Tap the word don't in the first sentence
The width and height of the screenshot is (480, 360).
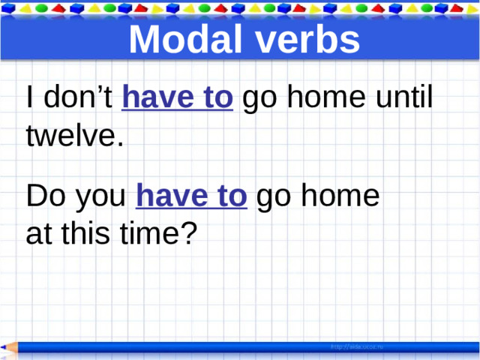tap(78, 98)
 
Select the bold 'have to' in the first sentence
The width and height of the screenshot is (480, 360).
tap(178, 98)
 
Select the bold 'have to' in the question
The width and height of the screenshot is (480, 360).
tap(191, 196)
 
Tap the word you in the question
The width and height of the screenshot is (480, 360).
tap(100, 198)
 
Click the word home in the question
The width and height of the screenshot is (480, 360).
tap(341, 196)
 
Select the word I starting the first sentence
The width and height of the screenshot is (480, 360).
tap(28, 98)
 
